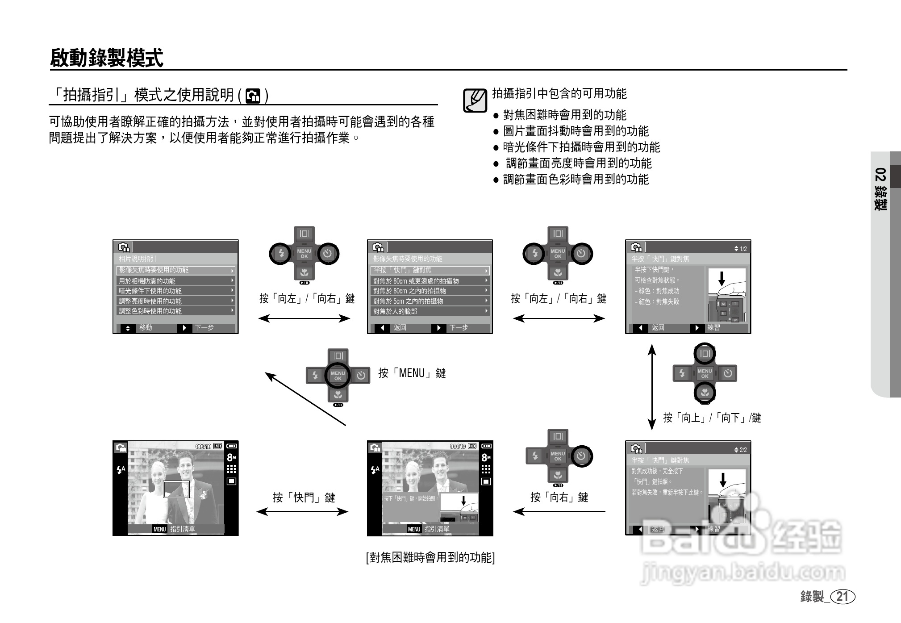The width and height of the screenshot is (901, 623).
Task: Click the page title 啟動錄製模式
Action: (x=107, y=58)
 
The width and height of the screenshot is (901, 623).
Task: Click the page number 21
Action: (x=842, y=597)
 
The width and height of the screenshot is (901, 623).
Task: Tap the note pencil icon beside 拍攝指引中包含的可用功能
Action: (x=475, y=100)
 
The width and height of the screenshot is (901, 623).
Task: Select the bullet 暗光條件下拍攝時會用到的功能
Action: (x=581, y=147)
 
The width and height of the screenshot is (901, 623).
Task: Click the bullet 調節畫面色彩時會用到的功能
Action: (x=576, y=179)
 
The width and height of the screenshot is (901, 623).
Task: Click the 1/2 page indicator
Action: (x=740, y=249)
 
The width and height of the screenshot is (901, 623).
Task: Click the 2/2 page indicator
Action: (x=740, y=450)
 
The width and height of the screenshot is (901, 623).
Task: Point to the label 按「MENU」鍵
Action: (x=412, y=373)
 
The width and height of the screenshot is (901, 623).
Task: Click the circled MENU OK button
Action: (x=338, y=376)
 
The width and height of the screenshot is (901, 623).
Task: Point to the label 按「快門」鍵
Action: (x=304, y=498)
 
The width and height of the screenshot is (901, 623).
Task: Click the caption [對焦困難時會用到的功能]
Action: (x=430, y=557)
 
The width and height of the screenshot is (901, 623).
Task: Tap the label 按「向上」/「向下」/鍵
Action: (x=712, y=418)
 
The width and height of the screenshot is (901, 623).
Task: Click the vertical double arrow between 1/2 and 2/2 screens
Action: (x=652, y=387)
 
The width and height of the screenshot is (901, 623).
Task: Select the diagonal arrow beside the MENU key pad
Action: (x=305, y=399)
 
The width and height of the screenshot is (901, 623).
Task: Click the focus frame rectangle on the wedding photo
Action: (x=176, y=489)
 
